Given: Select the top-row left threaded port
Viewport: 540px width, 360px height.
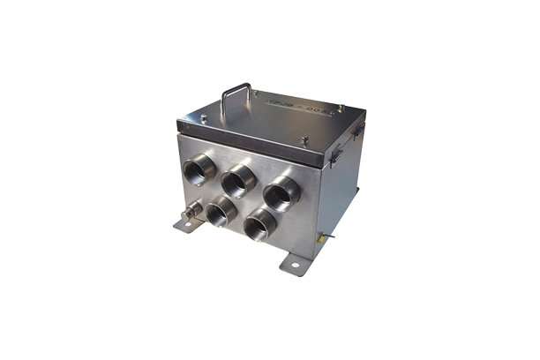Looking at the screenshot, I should pos(198,169).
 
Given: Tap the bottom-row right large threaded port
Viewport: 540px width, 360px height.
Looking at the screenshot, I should pos(260,226).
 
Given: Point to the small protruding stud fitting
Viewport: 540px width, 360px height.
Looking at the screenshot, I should pos(190,213).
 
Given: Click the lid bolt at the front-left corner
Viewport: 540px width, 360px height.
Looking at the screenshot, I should pos(204,118).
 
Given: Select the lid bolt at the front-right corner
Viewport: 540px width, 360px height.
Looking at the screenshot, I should pos(305,139).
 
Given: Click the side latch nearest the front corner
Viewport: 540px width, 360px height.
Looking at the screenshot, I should pos(336,154).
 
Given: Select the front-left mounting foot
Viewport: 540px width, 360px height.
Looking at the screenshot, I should pos(188,225).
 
